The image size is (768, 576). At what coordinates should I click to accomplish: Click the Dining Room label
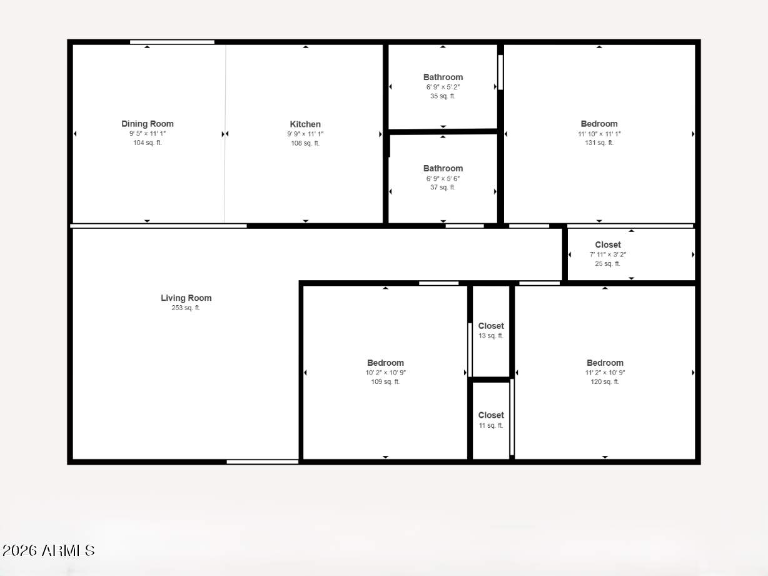(x=148, y=124)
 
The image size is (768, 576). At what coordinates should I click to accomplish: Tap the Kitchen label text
(x=305, y=124)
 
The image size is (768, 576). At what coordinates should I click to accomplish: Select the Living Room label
(x=186, y=298)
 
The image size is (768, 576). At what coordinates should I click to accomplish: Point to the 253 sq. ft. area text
(x=186, y=308)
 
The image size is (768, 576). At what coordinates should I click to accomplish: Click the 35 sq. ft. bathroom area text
(x=443, y=96)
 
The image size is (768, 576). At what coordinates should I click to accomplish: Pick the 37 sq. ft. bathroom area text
(x=443, y=188)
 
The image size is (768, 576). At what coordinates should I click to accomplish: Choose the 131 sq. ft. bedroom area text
(x=599, y=143)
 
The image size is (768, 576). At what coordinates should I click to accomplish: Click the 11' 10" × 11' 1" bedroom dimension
(x=599, y=134)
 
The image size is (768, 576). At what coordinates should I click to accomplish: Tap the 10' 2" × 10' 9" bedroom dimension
(x=385, y=373)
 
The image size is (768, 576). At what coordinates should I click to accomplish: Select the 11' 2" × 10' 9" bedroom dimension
(x=605, y=373)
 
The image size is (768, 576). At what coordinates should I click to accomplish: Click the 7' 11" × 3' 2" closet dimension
(x=608, y=255)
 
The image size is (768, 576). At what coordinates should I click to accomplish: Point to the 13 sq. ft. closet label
(x=491, y=336)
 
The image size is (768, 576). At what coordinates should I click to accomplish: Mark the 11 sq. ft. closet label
(x=491, y=425)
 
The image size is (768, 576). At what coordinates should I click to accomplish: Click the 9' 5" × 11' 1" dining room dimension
(x=148, y=134)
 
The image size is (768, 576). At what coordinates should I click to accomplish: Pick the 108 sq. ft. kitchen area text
(x=305, y=143)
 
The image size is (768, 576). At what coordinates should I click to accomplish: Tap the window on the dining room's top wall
(x=172, y=42)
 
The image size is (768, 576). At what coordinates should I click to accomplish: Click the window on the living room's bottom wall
(x=262, y=462)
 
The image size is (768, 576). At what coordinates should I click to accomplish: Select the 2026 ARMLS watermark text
(x=48, y=550)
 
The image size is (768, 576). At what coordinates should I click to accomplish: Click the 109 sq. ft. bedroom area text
(x=385, y=382)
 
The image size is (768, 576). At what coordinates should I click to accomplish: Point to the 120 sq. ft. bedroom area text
(x=605, y=382)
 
